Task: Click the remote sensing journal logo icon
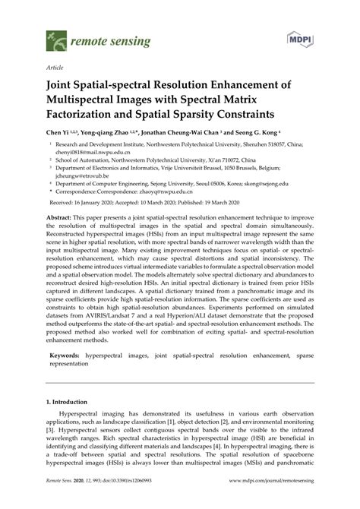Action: [x=53, y=36]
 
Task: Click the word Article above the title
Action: [x=55, y=66]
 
